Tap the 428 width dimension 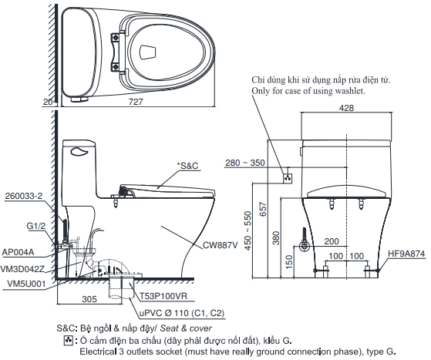coord(346,109)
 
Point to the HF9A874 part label coord(405,253)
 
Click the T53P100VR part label coord(163,296)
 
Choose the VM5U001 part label coord(25,284)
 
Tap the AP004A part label coord(19,251)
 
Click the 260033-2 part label coord(22,196)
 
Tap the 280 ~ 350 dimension coord(245,163)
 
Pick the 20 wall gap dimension coord(47,102)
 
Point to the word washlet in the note coord(347,91)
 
